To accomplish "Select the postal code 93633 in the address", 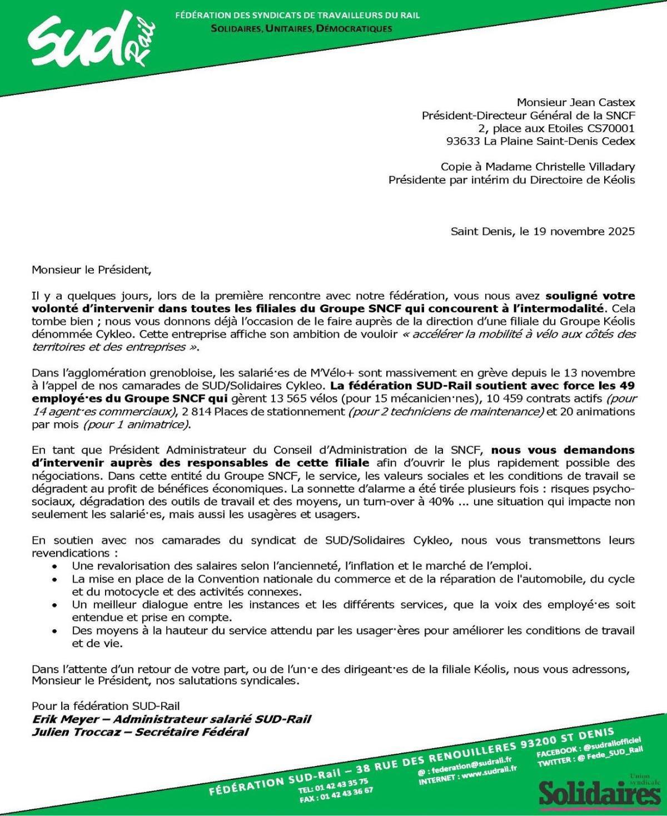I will point(463,141).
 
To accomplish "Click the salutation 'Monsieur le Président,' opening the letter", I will point(91,271).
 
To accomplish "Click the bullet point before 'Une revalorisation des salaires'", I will point(54,567).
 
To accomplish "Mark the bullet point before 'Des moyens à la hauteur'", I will point(54,631).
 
